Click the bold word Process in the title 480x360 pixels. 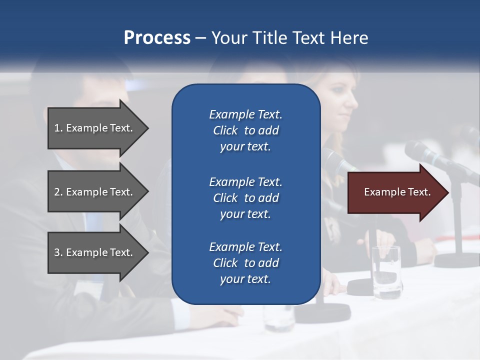click(157, 37)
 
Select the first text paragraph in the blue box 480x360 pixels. click(245, 130)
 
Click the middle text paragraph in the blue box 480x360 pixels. click(245, 198)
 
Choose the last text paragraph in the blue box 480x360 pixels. click(245, 263)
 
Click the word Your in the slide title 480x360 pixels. click(228, 37)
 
